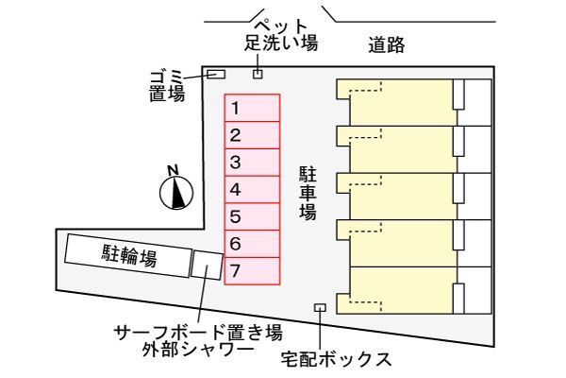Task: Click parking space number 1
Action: click(252, 108)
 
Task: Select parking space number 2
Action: click(252, 135)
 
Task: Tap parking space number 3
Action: click(252, 163)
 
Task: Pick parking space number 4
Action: click(252, 190)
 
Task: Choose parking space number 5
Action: click(252, 216)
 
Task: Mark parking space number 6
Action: click(252, 244)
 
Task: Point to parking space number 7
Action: click(252, 271)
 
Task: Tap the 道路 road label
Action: click(386, 45)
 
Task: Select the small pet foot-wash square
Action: click(258, 74)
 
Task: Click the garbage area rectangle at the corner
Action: click(216, 74)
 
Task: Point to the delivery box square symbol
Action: click(320, 307)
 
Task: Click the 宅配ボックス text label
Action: click(337, 359)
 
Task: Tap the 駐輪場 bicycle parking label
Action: click(129, 255)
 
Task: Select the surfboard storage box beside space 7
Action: click(207, 266)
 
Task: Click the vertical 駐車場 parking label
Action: click(308, 193)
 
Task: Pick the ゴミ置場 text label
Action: click(167, 86)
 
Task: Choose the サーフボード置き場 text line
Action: click(198, 333)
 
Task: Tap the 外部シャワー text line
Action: click(198, 350)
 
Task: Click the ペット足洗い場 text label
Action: click(281, 35)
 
